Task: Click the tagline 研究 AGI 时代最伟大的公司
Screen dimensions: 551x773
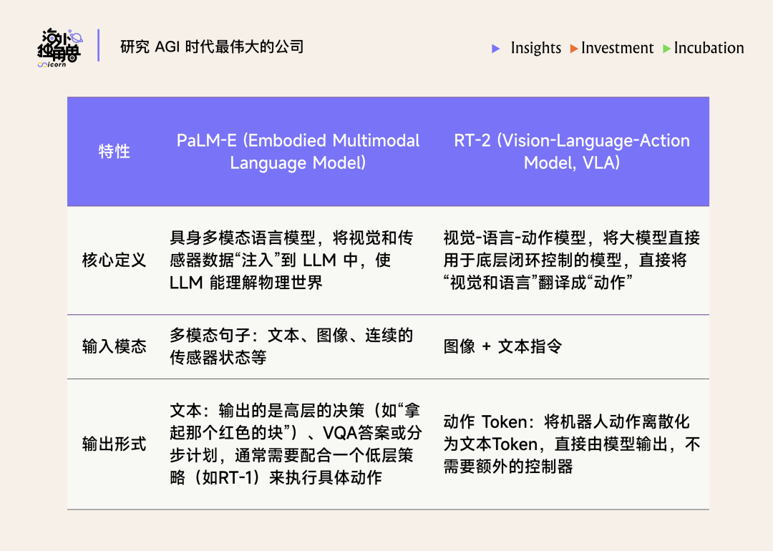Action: tap(213, 47)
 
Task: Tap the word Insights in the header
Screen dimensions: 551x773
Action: tap(535, 48)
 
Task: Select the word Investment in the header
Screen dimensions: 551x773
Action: tap(617, 48)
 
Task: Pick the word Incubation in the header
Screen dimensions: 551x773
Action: tap(709, 48)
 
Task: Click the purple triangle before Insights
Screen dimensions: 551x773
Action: tap(496, 49)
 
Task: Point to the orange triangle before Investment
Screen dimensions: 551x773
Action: tap(574, 49)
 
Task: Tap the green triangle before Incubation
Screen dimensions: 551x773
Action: tap(667, 49)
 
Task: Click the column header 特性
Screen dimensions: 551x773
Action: tap(114, 152)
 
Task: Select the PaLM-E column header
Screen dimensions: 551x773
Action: tap(298, 152)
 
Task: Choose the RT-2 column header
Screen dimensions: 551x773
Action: tap(572, 152)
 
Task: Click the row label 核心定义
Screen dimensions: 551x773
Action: tap(114, 260)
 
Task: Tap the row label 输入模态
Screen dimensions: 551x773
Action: tap(114, 347)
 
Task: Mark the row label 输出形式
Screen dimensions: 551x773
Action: tap(114, 444)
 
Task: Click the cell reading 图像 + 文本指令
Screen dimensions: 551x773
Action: tap(502, 347)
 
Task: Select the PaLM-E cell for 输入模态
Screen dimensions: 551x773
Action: tap(291, 346)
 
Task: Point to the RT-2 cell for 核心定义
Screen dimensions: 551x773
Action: tap(572, 260)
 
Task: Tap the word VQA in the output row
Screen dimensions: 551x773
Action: tap(340, 434)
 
